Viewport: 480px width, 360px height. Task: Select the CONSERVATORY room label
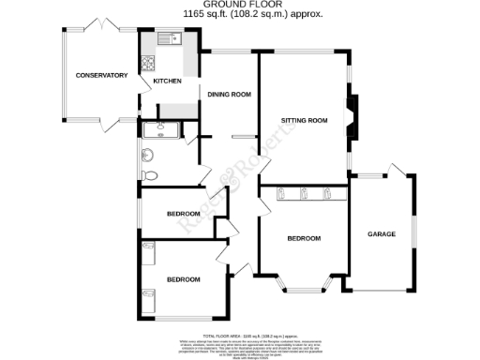click(101, 75)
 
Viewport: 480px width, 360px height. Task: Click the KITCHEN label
click(167, 81)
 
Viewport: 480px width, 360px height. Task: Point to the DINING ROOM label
click(229, 94)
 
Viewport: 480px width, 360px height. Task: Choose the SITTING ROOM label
click(304, 121)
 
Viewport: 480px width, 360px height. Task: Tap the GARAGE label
click(381, 233)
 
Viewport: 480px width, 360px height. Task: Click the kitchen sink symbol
click(169, 39)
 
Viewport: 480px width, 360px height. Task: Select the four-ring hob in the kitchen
click(147, 65)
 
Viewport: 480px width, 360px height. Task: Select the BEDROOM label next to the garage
click(304, 239)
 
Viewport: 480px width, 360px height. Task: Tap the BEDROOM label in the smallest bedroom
click(183, 214)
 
